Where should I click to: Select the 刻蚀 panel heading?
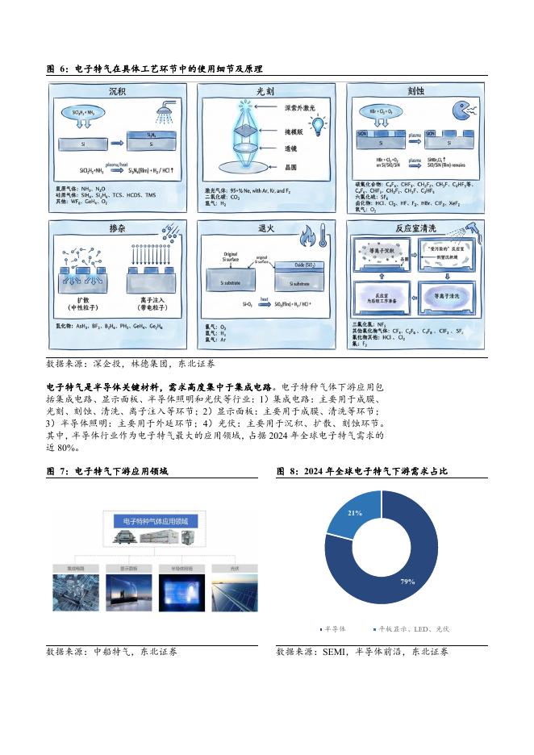tap(416, 91)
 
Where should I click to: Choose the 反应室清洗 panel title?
tap(416, 228)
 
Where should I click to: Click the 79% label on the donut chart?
tap(407, 580)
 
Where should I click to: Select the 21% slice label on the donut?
tap(354, 512)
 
